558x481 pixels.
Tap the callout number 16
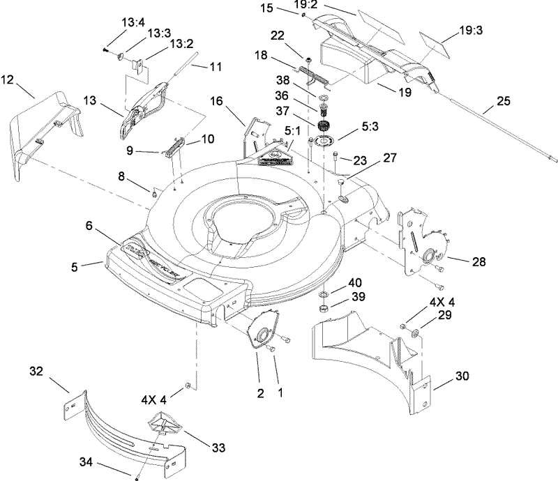coord(216,102)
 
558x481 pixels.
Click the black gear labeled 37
coord(323,128)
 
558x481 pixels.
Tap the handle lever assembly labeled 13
coord(146,104)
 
